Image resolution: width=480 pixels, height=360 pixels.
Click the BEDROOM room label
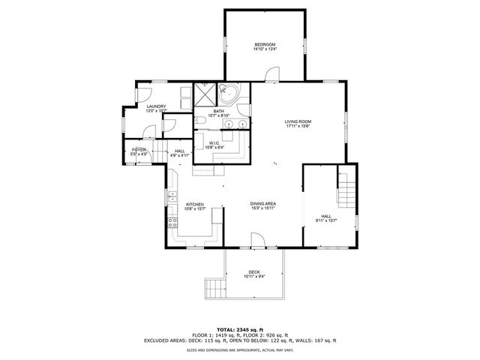(265, 46)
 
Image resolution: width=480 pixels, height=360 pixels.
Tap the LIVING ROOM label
(297, 121)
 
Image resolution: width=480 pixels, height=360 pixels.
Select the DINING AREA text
(263, 204)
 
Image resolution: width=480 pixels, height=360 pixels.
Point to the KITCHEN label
(195, 204)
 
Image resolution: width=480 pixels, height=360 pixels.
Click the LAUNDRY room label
(156, 106)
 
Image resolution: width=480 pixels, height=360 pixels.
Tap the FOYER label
(139, 150)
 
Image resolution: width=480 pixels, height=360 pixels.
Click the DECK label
(254, 272)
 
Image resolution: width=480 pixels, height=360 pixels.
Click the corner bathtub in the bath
(229, 94)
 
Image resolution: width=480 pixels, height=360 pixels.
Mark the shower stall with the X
(204, 94)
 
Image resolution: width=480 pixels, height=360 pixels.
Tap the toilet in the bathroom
(200, 120)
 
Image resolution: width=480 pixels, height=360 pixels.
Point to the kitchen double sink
(172, 197)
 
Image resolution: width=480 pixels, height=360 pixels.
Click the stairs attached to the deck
(214, 288)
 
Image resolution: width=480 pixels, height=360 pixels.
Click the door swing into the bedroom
(271, 73)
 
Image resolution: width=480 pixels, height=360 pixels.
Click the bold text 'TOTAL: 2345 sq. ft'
(240, 329)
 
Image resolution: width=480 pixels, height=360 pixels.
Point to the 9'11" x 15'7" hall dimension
(325, 220)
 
